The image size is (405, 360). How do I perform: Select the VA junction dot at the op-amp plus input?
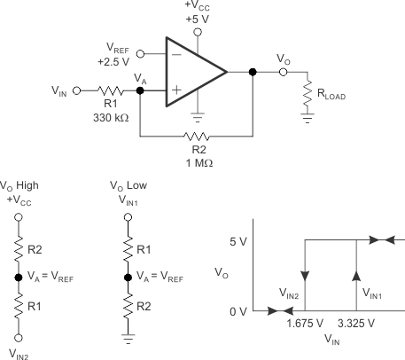(x=140, y=90)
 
